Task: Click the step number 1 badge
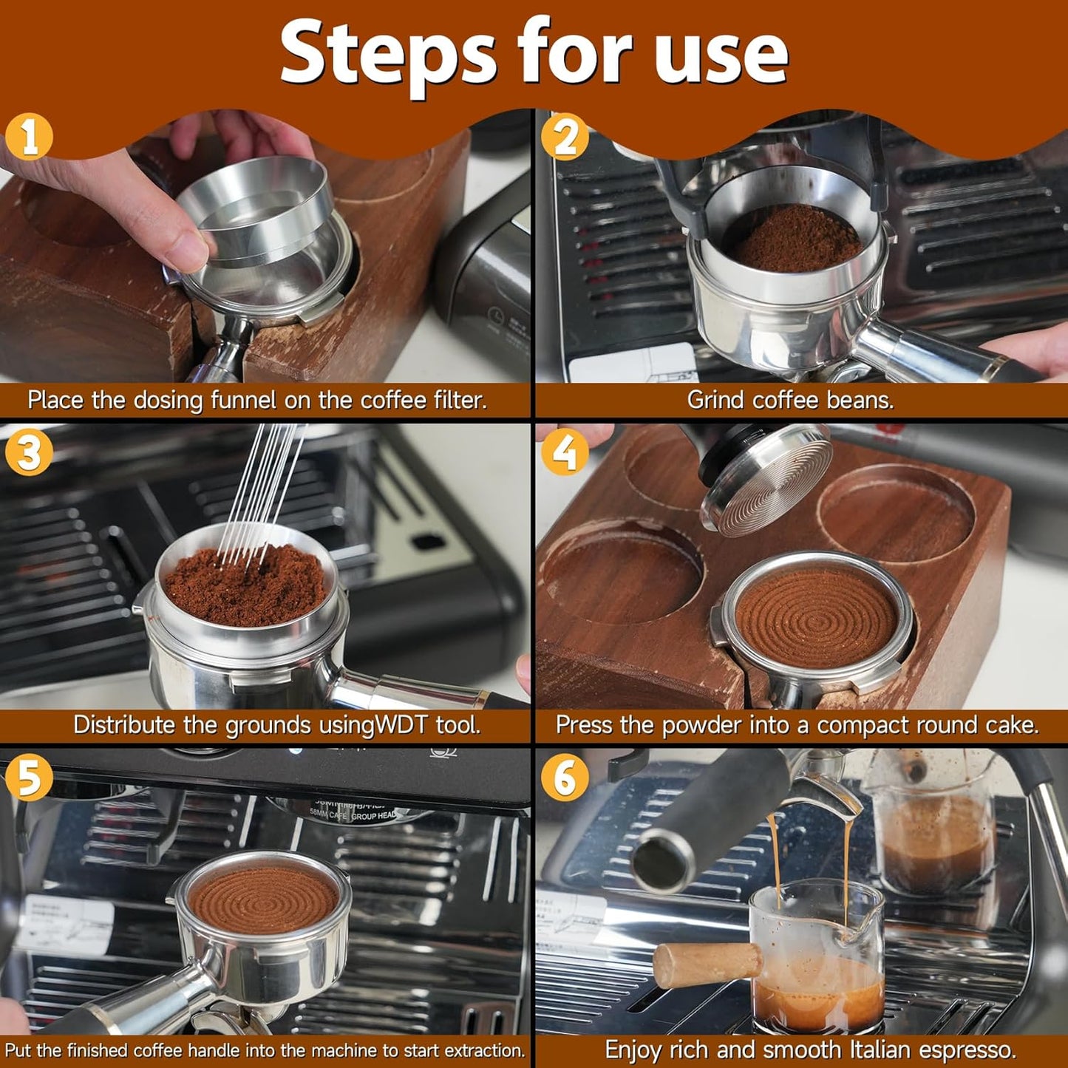[29, 137]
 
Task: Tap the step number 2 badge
[565, 137]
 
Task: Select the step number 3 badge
[29, 452]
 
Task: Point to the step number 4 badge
[565, 452]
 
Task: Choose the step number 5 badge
[29, 777]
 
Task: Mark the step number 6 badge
[565, 777]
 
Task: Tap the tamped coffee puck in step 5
[263, 897]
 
